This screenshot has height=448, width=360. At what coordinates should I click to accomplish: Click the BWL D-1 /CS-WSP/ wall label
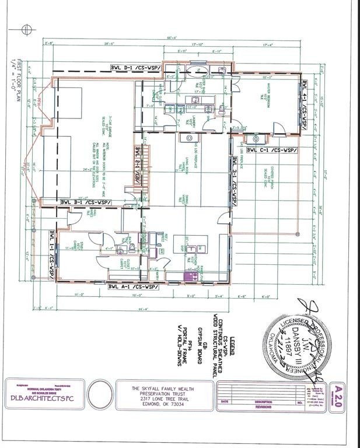coord(138,67)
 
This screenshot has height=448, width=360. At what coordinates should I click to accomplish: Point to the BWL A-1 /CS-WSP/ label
coord(134,287)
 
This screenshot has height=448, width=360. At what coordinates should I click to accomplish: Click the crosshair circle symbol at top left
coord(26,29)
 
